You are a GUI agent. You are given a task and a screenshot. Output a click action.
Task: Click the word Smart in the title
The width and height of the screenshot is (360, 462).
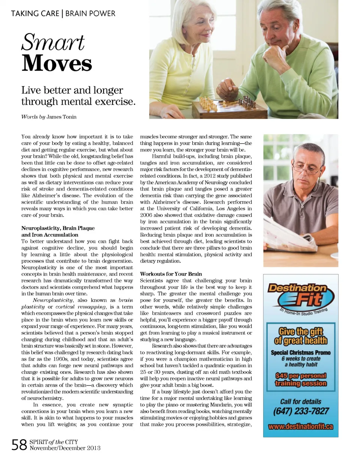click(x=53, y=42)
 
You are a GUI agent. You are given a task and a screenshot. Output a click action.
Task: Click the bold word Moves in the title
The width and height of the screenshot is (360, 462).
click(x=57, y=64)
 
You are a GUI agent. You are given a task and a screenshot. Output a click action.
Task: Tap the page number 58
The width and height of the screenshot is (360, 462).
click(x=19, y=445)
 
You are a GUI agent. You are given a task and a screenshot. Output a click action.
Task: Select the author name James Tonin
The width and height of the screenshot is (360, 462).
click(x=61, y=117)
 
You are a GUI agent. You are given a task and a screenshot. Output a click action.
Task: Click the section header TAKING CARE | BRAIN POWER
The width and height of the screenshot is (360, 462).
click(x=63, y=14)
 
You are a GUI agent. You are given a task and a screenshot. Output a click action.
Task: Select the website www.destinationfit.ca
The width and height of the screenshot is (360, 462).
click(x=301, y=427)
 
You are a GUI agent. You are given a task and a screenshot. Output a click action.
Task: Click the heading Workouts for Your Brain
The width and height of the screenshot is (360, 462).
click(x=171, y=274)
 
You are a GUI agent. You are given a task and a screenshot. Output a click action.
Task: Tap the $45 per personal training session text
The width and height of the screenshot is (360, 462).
click(x=301, y=379)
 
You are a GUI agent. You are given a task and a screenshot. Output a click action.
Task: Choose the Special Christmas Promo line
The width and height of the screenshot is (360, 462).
click(x=301, y=352)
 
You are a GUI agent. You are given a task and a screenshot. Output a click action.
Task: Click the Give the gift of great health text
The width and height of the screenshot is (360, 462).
click(x=301, y=336)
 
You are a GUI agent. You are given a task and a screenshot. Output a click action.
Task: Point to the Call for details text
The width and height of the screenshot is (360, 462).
click(x=301, y=401)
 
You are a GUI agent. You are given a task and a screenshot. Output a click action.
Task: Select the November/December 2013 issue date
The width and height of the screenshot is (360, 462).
click(x=64, y=448)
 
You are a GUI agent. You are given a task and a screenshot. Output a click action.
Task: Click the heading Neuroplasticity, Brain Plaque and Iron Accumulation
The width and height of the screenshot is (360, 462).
click(x=58, y=231)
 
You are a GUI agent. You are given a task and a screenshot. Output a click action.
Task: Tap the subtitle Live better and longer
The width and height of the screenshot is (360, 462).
click(x=72, y=91)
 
